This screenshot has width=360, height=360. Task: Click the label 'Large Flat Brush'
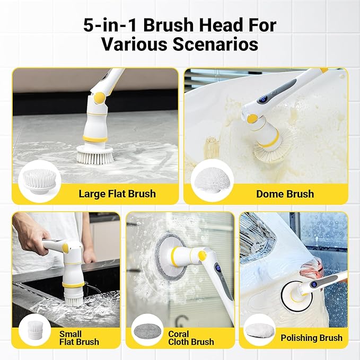tap(117, 194)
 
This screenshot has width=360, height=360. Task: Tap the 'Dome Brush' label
tap(285, 194)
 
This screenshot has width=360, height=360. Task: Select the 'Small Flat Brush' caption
tap(80, 338)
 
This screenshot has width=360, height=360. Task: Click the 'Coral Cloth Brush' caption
tap(191, 338)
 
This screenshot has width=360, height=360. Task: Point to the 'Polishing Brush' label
tap(311, 338)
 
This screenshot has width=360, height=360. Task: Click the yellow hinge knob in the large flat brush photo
tap(98, 98)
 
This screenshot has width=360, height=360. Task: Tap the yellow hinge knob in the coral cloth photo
tap(202, 257)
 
